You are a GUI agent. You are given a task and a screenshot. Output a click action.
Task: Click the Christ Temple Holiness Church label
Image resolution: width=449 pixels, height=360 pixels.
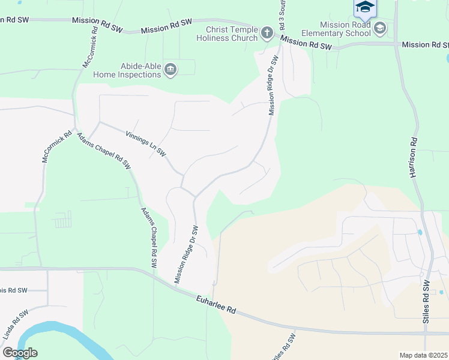point(231,33)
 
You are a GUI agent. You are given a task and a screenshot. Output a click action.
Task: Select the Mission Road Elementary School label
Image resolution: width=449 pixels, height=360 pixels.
point(345,29)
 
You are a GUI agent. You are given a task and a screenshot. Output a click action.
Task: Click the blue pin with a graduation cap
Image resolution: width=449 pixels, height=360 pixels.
point(364,8)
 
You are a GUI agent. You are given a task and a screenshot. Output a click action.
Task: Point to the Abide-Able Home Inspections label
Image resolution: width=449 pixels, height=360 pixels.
point(127,70)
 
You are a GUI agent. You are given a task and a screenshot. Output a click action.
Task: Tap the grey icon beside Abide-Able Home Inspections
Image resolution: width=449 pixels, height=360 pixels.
point(170,70)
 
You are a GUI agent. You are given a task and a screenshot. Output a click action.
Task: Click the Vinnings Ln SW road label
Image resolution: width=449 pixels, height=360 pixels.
point(146,144)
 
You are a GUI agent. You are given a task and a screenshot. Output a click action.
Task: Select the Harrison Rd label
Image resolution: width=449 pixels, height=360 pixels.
point(413,157)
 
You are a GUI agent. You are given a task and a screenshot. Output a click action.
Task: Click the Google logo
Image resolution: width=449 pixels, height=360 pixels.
point(20,353)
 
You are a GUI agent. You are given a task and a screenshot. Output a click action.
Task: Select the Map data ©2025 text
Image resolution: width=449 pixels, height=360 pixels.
point(423,355)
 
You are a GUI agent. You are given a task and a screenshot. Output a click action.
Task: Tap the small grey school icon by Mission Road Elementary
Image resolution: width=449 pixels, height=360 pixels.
point(379,28)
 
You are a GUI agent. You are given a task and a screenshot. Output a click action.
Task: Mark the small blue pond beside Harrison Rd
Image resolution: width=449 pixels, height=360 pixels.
point(420,232)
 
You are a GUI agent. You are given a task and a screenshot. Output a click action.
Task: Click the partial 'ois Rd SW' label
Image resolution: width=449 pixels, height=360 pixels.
point(13,290)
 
